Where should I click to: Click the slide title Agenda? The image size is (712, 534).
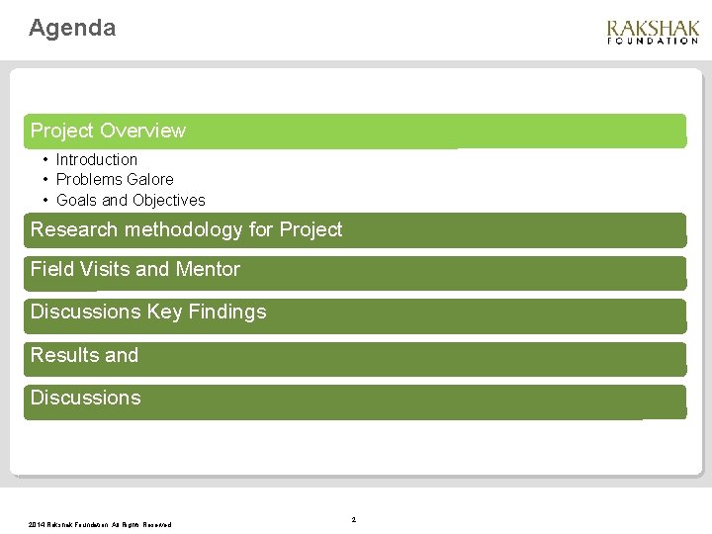(72, 28)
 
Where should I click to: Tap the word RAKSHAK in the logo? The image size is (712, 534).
(653, 29)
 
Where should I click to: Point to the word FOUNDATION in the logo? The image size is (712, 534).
(653, 42)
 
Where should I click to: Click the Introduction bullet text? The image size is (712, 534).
(96, 159)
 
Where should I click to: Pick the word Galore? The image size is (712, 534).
(150, 179)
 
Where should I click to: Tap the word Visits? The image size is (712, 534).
(103, 269)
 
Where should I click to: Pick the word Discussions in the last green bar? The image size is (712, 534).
(85, 398)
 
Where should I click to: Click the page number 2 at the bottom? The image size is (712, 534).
(353, 519)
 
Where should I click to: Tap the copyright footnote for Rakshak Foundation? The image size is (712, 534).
(100, 525)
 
